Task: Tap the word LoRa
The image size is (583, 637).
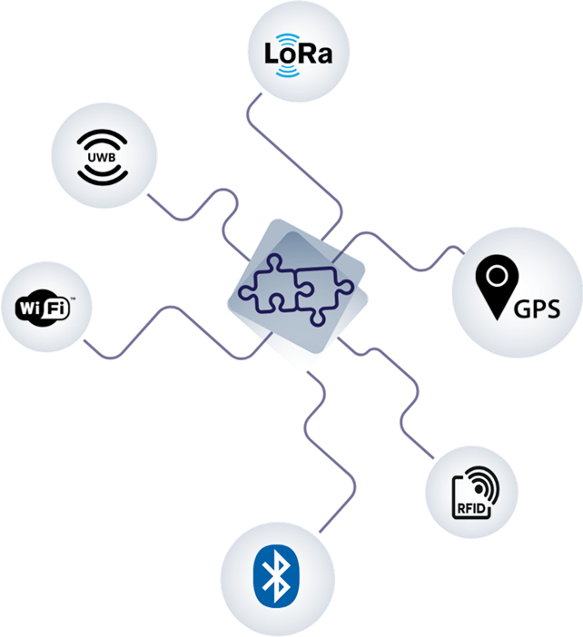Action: point(297,53)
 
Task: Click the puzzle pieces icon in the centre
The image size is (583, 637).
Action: point(296,289)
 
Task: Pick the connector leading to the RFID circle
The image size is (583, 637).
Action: point(400,399)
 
